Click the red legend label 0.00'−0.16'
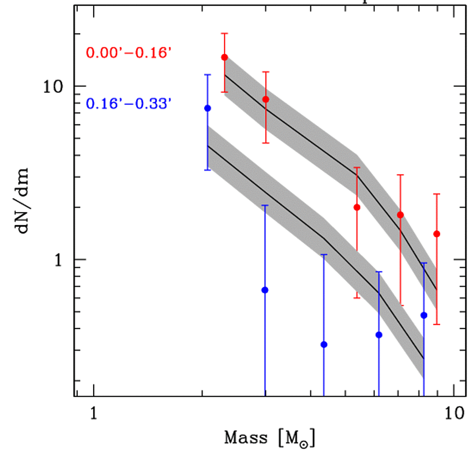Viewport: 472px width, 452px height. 129,53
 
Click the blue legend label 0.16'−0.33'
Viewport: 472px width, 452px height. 129,103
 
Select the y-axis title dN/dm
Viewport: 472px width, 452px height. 22,200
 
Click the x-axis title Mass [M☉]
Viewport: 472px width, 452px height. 270,438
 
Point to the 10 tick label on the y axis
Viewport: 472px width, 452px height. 53,87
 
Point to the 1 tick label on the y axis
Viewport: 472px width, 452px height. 58,259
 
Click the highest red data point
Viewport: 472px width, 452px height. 224,57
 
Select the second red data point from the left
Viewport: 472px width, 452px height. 265,99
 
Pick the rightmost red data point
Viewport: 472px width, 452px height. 437,234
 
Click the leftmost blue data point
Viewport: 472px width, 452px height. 208,108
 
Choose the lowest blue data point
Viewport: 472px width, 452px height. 324,345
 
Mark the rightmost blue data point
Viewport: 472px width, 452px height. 424,315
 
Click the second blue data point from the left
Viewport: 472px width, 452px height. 264,290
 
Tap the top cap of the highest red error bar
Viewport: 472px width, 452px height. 224,33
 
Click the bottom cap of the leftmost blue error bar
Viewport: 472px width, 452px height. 208,170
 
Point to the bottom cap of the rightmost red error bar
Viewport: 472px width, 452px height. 437,324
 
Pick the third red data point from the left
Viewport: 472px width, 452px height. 357,207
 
